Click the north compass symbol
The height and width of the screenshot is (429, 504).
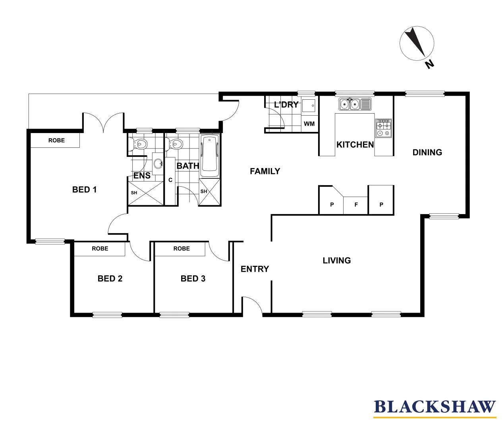coord(417,44)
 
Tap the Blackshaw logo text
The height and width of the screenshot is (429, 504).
coord(435,407)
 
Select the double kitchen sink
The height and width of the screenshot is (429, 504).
coord(355,104)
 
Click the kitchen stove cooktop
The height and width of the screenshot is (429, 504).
coord(383,128)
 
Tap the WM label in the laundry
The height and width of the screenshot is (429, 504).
coord(309,124)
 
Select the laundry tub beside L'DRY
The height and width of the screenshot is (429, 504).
coord(309,106)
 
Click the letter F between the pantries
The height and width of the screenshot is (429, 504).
coord(356,205)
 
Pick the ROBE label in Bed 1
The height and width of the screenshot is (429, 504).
coord(56,141)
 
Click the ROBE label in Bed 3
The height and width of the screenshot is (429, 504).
coord(182,249)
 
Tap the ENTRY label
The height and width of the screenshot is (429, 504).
coord(255,269)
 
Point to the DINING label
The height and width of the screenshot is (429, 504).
coord(427,153)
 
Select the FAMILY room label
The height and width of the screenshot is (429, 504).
coord(265,171)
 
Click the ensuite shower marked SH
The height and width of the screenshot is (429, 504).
coord(145,193)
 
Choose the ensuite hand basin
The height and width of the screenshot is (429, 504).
coord(158,163)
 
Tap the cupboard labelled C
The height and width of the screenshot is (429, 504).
coord(170,180)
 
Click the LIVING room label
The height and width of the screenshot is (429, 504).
coord(336,261)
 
